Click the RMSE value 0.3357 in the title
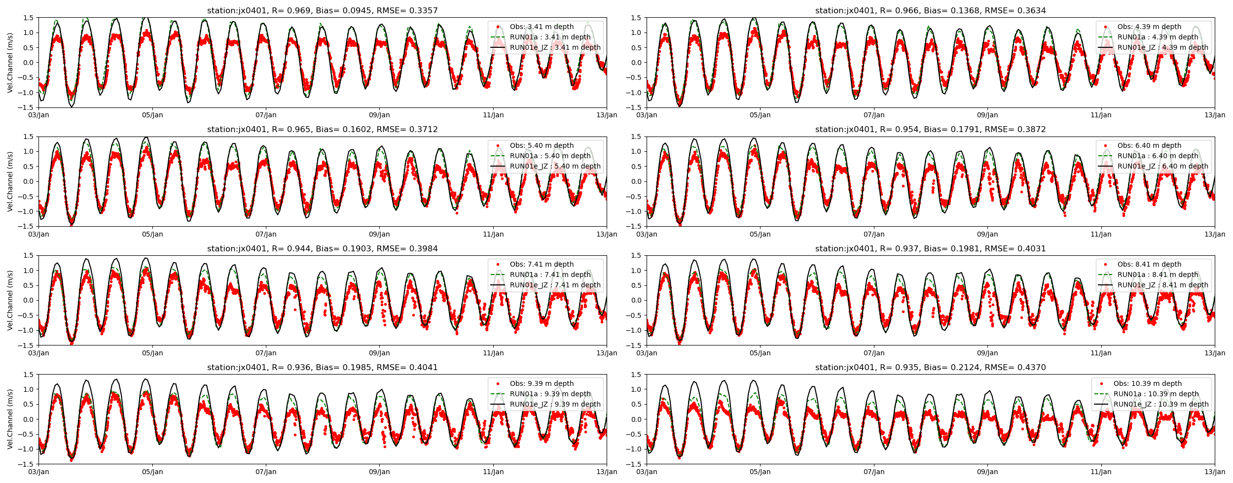click(421, 10)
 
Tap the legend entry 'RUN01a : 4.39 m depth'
click(1158, 37)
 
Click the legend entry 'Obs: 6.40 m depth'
click(1149, 145)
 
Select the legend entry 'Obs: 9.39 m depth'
click(542, 383)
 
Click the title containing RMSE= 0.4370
click(930, 367)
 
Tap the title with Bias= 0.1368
click(930, 10)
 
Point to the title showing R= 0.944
click(322, 248)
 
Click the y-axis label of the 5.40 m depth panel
click(10, 181)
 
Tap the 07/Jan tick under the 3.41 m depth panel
click(266, 115)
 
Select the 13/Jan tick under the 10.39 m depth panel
click(1214, 472)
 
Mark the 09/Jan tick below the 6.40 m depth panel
click(987, 234)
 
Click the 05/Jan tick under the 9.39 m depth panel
click(152, 472)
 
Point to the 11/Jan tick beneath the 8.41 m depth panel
click(1101, 353)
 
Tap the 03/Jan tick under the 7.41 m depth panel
click(39, 353)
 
